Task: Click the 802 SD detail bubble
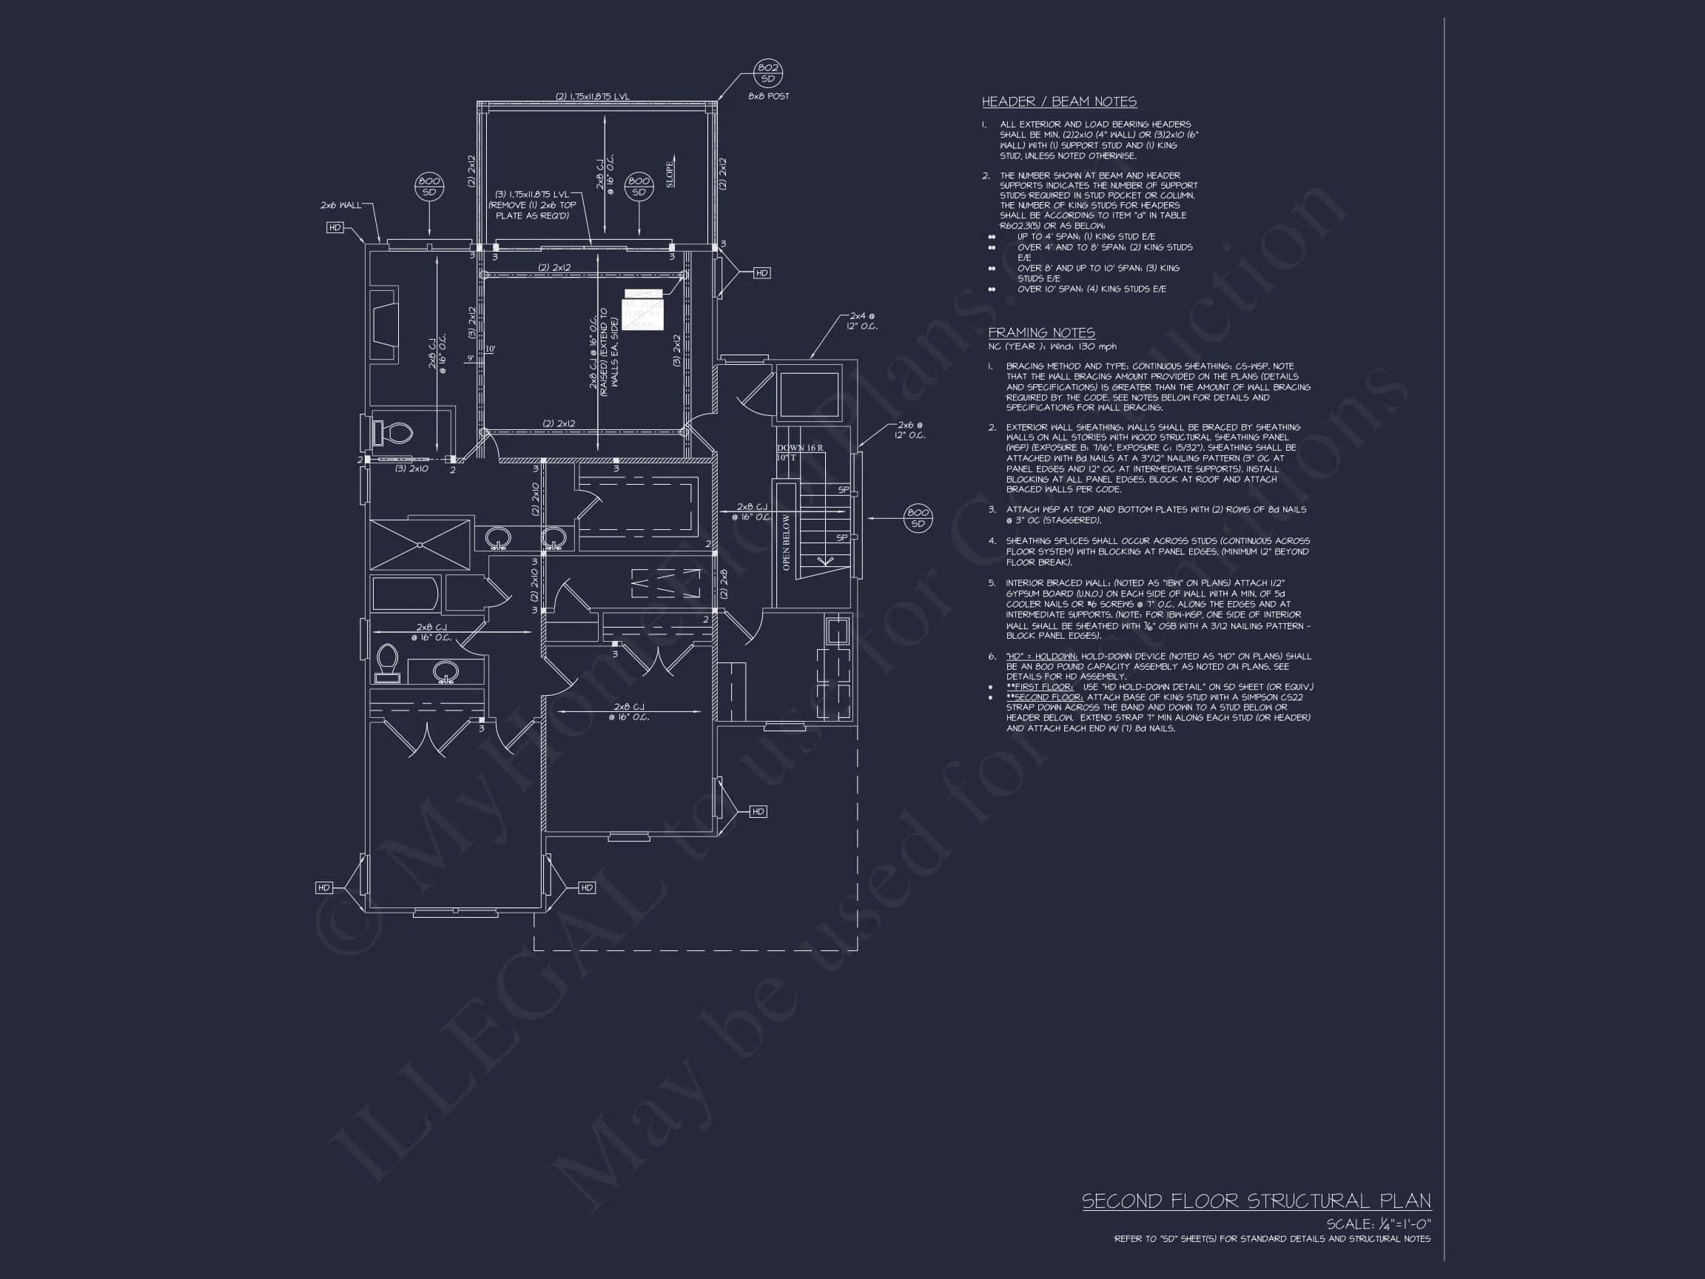pos(767,73)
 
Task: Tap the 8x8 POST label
pos(768,96)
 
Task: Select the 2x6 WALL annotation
pos(340,205)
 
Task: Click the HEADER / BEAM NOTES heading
pos(1058,101)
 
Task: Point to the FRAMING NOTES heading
pos(1040,332)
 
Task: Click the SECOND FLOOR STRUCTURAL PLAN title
pos(1257,1201)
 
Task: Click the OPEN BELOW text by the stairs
pos(786,542)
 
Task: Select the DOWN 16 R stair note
pos(799,448)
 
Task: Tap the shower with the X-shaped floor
pos(420,544)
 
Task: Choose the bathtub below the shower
pos(406,594)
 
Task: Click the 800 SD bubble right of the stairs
pos(917,518)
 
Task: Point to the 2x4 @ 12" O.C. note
pos(861,320)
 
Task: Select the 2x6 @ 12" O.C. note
pos(909,430)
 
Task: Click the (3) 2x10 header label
pos(411,469)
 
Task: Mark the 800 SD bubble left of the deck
pos(428,187)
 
